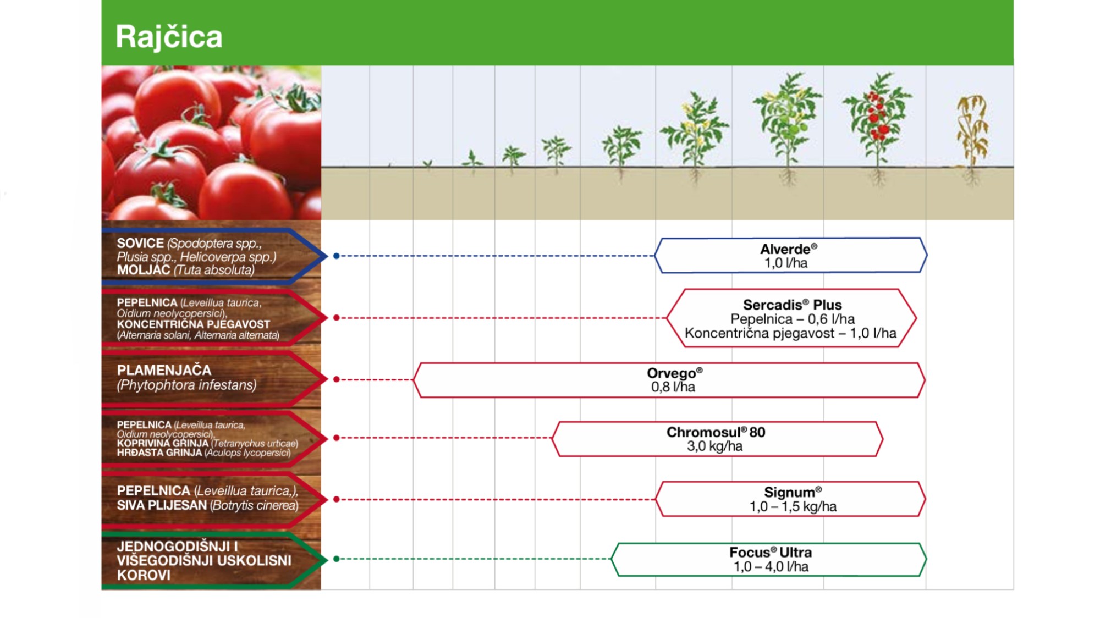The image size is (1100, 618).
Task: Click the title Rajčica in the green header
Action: (x=169, y=37)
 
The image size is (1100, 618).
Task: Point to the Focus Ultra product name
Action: (x=771, y=552)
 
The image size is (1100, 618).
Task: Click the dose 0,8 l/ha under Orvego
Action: (x=673, y=387)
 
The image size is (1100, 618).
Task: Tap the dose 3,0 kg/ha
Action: (x=714, y=446)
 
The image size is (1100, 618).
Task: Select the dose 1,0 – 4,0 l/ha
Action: (x=771, y=566)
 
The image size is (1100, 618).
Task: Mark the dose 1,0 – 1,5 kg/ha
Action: (x=793, y=506)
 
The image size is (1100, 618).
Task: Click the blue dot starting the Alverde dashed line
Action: (x=336, y=256)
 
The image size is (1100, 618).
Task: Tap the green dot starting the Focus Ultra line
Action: (x=336, y=559)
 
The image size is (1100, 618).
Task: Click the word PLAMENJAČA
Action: (x=164, y=371)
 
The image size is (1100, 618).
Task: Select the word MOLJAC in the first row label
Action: (x=144, y=270)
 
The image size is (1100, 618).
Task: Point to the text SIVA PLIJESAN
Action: (x=162, y=505)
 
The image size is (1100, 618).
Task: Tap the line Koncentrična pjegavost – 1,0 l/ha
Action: (x=790, y=333)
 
